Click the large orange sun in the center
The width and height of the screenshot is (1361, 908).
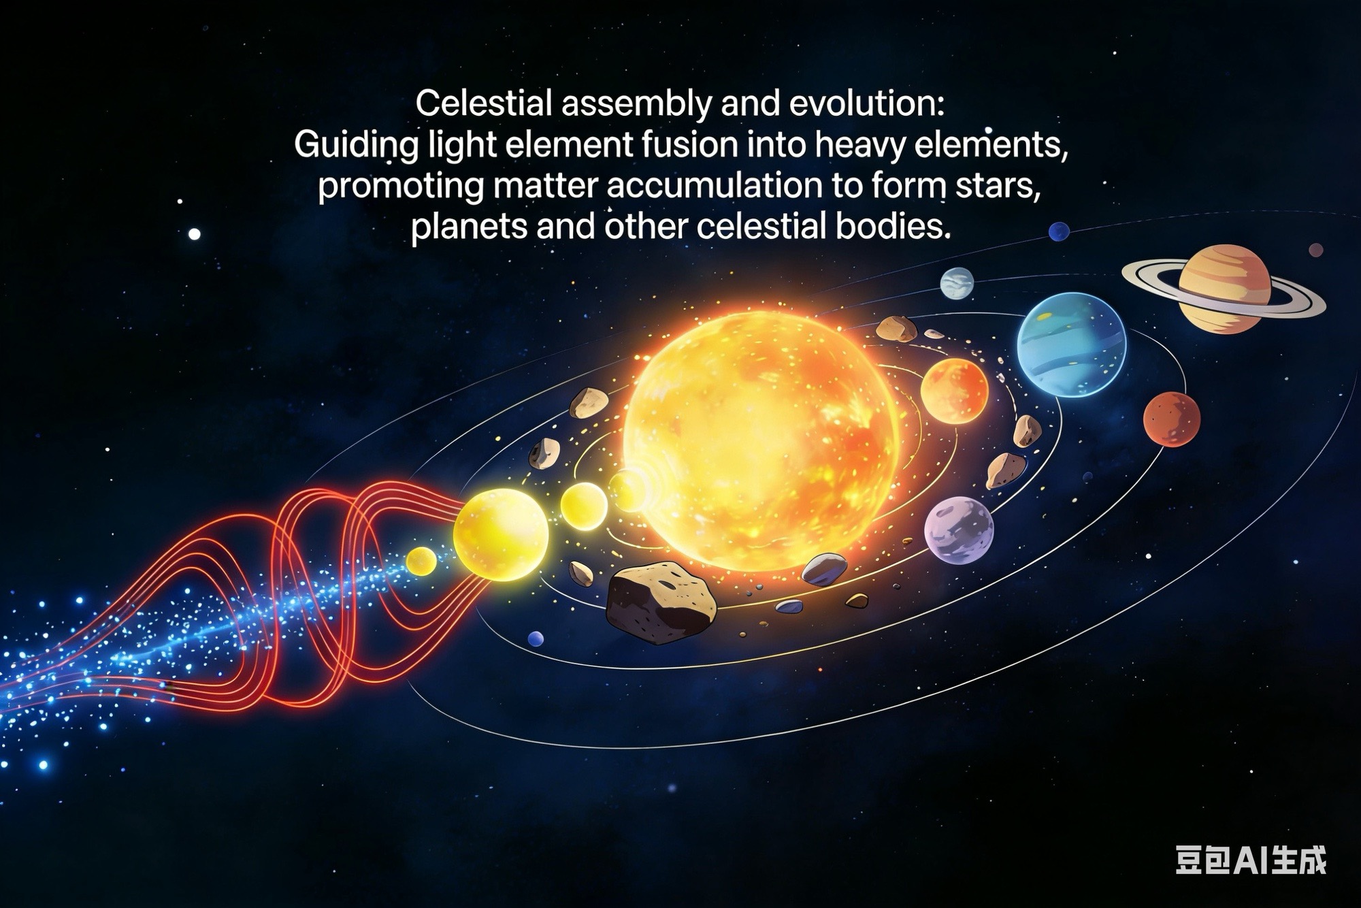[x=761, y=441]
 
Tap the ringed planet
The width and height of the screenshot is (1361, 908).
[x=1224, y=289]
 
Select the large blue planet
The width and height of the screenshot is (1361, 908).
[x=1071, y=344]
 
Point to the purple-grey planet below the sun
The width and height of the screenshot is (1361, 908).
[x=959, y=530]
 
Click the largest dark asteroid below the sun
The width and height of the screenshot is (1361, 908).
[x=661, y=602]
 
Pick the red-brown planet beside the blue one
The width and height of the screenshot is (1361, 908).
[x=1171, y=419]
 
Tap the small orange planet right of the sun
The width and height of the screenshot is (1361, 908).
[x=954, y=391]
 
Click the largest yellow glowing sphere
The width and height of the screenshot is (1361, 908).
[x=500, y=535]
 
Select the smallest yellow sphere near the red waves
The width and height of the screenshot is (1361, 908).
[x=421, y=560]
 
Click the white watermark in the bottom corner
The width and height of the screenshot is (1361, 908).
[x=1251, y=860]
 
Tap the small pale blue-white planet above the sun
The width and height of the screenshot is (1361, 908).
[x=957, y=283]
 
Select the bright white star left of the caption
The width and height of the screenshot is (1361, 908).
[x=195, y=234]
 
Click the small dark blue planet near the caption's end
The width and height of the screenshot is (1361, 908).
[x=1059, y=231]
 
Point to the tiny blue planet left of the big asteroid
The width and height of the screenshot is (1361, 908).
[x=536, y=639]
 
